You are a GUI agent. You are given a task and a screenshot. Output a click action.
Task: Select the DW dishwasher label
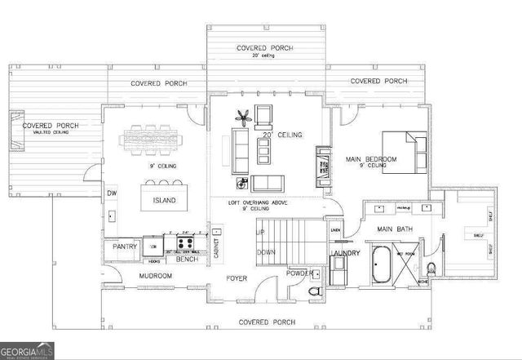click(112, 193)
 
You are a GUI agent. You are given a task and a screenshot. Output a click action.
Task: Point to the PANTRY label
click(124, 246)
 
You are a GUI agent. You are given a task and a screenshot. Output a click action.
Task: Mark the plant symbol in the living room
click(241, 117)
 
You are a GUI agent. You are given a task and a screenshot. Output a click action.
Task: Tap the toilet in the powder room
click(315, 291)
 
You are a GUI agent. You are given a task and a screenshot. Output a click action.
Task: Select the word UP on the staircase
click(261, 233)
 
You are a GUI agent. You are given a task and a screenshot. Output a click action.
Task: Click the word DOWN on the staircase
click(265, 252)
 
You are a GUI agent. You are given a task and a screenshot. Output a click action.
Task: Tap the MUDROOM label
click(155, 276)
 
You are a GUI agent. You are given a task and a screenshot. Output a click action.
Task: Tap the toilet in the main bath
click(431, 269)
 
